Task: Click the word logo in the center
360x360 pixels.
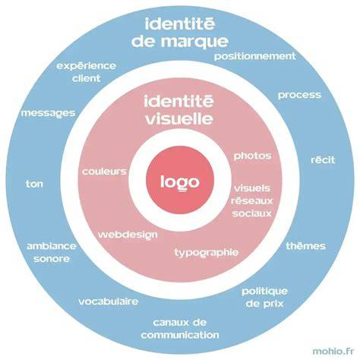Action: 180,182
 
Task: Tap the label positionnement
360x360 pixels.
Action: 255,56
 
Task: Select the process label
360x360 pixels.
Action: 299,95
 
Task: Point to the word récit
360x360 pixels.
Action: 323,159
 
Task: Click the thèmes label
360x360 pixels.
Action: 306,245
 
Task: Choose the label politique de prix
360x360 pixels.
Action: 264,298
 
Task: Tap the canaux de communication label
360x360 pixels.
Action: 180,329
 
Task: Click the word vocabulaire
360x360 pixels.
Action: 109,302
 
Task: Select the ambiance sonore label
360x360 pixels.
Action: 52,252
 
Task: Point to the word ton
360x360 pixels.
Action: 34,184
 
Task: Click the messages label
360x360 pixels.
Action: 48,113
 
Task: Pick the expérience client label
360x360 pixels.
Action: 86,72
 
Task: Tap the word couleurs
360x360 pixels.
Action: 104,172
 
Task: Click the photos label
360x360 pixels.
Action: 252,156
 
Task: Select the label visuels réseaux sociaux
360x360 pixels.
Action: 252,201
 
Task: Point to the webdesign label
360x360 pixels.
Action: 128,235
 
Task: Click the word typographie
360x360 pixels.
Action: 207,252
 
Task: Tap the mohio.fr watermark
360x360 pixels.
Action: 333,351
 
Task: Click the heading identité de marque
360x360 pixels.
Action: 180,33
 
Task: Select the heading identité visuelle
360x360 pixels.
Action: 179,110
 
